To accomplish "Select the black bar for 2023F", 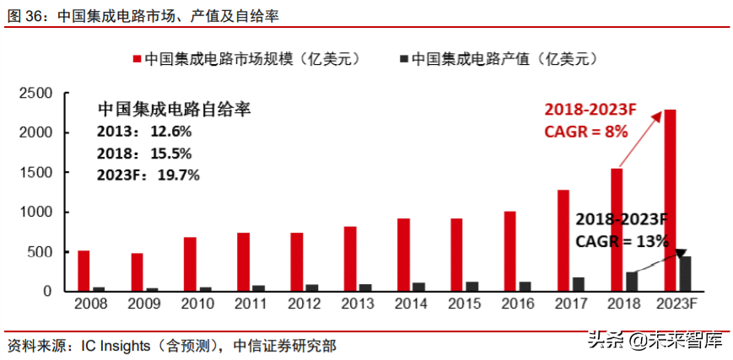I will pos(686,274).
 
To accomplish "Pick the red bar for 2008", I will pos(84,271).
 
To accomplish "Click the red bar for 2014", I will pos(403,255).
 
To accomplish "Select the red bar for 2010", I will pos(190,264).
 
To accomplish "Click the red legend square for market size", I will pos(136,60).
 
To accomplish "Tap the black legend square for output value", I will pos(403,60).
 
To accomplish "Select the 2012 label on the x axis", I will pos(303,304).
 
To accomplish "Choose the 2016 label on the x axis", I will pos(516,304).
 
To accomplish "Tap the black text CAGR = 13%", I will pos(620,241).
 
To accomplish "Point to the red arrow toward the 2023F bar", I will pos(639,138).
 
